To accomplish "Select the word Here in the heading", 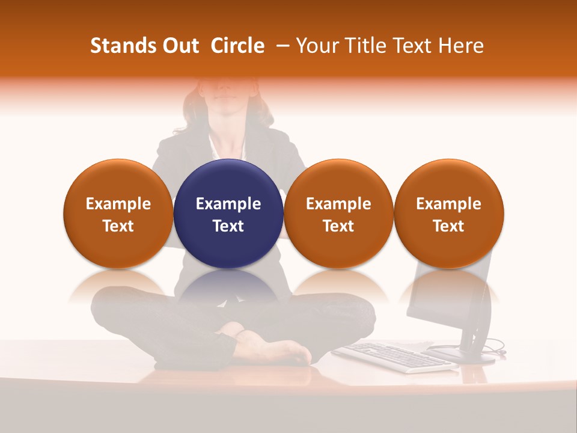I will click(x=460, y=46).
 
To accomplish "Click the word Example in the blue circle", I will click(x=228, y=204).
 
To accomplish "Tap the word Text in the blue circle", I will click(x=228, y=226).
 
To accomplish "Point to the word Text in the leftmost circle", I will click(x=118, y=226).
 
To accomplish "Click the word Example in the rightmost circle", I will click(x=448, y=204).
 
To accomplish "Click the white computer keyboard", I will click(x=394, y=357).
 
